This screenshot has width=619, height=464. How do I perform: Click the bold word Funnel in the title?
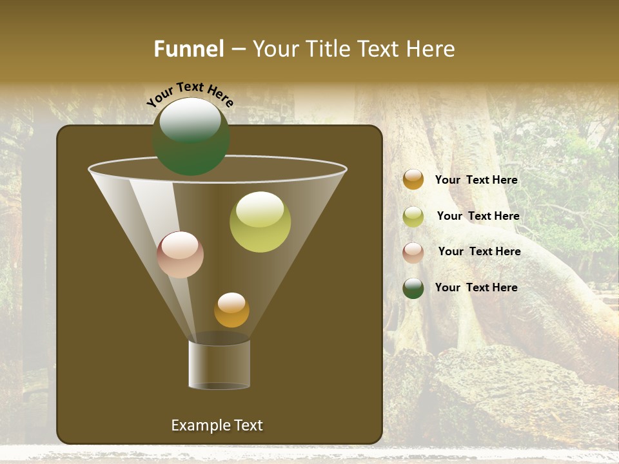[x=188, y=48]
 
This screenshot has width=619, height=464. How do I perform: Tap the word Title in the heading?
[x=328, y=48]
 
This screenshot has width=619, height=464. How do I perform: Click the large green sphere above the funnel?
[x=191, y=137]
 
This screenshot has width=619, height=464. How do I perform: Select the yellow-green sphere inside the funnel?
[x=260, y=222]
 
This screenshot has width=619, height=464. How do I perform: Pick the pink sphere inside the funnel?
[x=180, y=255]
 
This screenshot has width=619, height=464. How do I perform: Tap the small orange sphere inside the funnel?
[x=231, y=310]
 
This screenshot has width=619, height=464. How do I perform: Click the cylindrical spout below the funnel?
[x=219, y=365]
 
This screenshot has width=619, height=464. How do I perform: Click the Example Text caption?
[x=217, y=425]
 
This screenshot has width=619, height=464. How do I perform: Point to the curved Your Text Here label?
[x=190, y=94]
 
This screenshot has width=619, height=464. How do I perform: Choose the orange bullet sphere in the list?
[x=413, y=180]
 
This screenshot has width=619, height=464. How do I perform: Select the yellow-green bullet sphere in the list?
[x=413, y=217]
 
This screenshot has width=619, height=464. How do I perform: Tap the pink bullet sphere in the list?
[x=413, y=253]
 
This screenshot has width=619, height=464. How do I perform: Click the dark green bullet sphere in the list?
[x=413, y=288]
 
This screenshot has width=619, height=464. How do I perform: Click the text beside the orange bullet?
[x=476, y=180]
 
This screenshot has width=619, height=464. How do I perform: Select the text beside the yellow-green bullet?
[x=478, y=216]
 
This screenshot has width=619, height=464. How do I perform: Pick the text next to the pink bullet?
[x=479, y=251]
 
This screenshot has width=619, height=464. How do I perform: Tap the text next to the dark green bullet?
[x=476, y=287]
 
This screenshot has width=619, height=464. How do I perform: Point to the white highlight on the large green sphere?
[x=190, y=120]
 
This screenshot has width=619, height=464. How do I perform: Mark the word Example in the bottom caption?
[x=199, y=425]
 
